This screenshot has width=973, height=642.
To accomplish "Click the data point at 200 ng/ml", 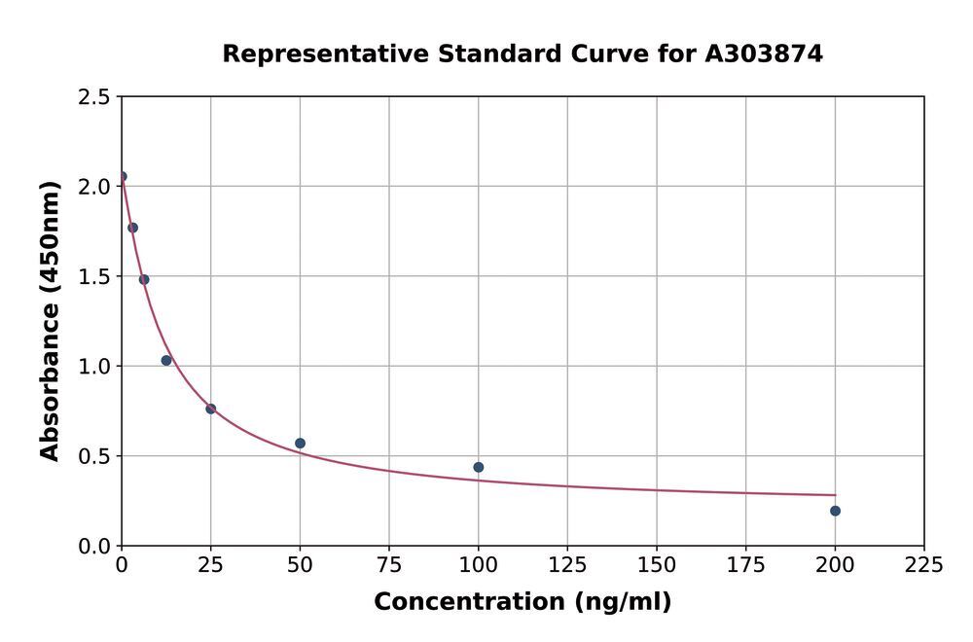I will point(835,511).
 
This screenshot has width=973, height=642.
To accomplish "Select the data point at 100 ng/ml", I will point(479,467).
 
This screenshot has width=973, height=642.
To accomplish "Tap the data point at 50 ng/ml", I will point(300,444).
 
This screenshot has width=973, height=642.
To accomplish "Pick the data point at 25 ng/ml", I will point(210,409).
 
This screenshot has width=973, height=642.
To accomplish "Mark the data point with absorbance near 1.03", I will point(166,360).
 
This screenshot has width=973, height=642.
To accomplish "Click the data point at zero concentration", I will point(122,176).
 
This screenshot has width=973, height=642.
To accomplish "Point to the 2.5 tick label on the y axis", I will point(93,97).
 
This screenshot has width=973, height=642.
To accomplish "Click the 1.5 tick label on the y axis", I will point(93,277).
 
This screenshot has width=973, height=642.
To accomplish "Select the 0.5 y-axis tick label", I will point(93,456).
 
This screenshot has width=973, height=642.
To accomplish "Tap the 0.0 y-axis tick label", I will point(93,547).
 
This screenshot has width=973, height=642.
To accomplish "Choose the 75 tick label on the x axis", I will point(389,565).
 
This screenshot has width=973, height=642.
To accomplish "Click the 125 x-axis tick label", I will point(567,565).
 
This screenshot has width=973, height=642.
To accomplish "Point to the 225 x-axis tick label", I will point(924,565).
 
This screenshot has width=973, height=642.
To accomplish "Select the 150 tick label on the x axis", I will point(657,565).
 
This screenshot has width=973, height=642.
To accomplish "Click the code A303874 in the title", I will point(764,53).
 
